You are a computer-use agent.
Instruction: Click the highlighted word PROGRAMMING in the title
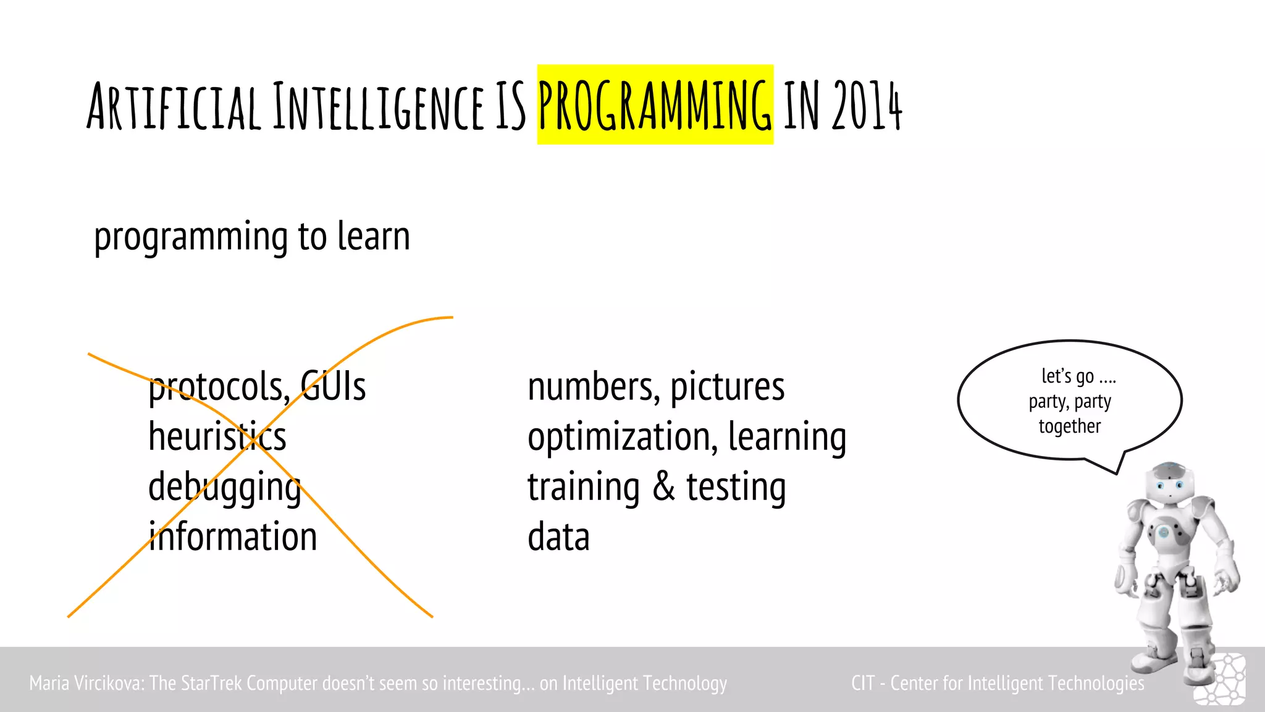click(655, 105)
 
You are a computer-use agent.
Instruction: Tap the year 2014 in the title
click(867, 106)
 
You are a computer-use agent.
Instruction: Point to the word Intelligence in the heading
click(378, 106)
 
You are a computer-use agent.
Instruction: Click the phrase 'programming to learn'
click(252, 237)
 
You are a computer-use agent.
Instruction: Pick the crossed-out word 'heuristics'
click(217, 436)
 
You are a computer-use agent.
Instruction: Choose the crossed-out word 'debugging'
click(224, 487)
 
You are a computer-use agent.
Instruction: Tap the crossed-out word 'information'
click(233, 536)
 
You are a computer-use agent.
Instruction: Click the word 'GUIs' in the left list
click(334, 387)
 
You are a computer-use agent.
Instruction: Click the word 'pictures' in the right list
click(727, 388)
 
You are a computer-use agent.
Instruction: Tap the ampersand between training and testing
click(663, 486)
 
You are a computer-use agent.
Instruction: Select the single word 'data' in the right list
click(558, 536)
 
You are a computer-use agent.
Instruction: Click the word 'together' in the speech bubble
click(1069, 426)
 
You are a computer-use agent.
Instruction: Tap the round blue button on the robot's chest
click(1163, 532)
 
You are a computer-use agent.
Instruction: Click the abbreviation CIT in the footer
click(862, 683)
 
